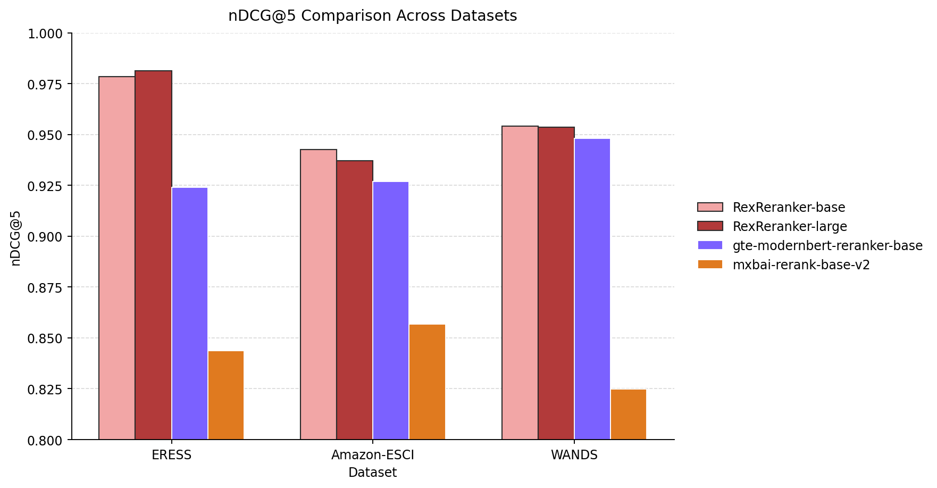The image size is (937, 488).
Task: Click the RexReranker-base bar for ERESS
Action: [117, 258]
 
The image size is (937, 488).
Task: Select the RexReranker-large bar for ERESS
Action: [153, 255]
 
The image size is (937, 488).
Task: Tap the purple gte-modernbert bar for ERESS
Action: [190, 313]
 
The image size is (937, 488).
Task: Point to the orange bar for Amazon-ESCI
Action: [427, 382]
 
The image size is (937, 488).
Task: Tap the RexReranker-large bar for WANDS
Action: [556, 283]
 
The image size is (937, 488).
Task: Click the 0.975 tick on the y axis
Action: [45, 84]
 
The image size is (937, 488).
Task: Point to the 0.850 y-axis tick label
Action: [45, 338]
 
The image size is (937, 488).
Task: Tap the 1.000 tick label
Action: [45, 34]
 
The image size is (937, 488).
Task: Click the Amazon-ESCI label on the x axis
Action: [372, 455]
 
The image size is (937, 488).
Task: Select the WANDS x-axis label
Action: [574, 455]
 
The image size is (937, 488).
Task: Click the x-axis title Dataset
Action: [372, 473]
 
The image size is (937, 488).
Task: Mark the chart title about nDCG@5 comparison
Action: [372, 16]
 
